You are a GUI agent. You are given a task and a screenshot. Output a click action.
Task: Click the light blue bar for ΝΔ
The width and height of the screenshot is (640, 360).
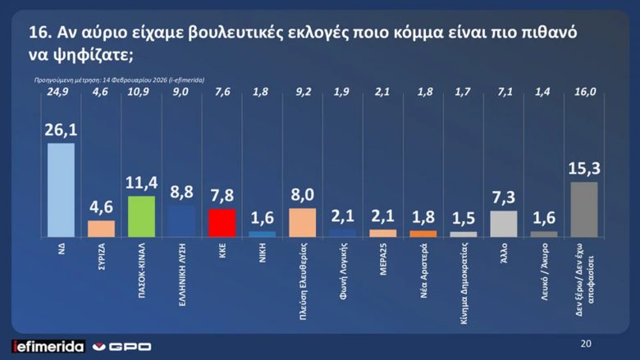pyautogui.click(x=62, y=189)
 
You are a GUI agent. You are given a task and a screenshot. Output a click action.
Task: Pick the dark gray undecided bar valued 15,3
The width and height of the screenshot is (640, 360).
pyautogui.click(x=583, y=209)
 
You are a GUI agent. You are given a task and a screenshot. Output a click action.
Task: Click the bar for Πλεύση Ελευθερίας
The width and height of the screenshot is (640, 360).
pyautogui.click(x=303, y=222)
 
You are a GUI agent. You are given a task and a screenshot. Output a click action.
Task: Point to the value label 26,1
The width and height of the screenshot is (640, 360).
pyautogui.click(x=62, y=130)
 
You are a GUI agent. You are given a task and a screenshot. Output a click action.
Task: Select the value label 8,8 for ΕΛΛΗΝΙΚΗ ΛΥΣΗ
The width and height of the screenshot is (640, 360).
pyautogui.click(x=182, y=193)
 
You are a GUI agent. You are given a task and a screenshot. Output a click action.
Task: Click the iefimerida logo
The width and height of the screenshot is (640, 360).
pyautogui.click(x=48, y=346)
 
